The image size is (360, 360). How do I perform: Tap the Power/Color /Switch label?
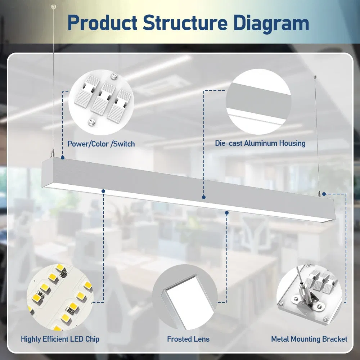point(101,144)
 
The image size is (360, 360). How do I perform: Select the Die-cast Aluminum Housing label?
point(260,143)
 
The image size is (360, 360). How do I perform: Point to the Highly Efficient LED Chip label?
point(60,339)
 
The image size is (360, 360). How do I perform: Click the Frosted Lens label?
point(188,339)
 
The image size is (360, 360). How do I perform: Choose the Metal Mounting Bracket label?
point(309,339)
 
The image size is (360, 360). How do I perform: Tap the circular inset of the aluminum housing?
point(258,102)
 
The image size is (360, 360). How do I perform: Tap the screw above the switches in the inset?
point(114,76)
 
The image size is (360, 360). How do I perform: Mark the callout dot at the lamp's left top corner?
point(63,158)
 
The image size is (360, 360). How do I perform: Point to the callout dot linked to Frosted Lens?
point(227,213)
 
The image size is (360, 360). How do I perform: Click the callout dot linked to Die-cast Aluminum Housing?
point(204,197)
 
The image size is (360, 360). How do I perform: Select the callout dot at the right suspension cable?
point(324,194)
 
